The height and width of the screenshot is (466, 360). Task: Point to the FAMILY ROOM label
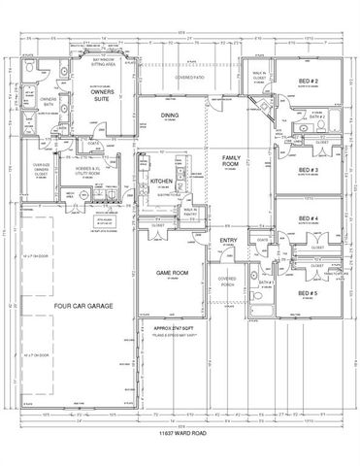[x=232, y=160]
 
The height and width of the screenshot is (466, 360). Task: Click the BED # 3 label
[x=309, y=171]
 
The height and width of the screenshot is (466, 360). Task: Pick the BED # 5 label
[x=309, y=292]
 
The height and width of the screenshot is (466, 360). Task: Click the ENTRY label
[x=229, y=240]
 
